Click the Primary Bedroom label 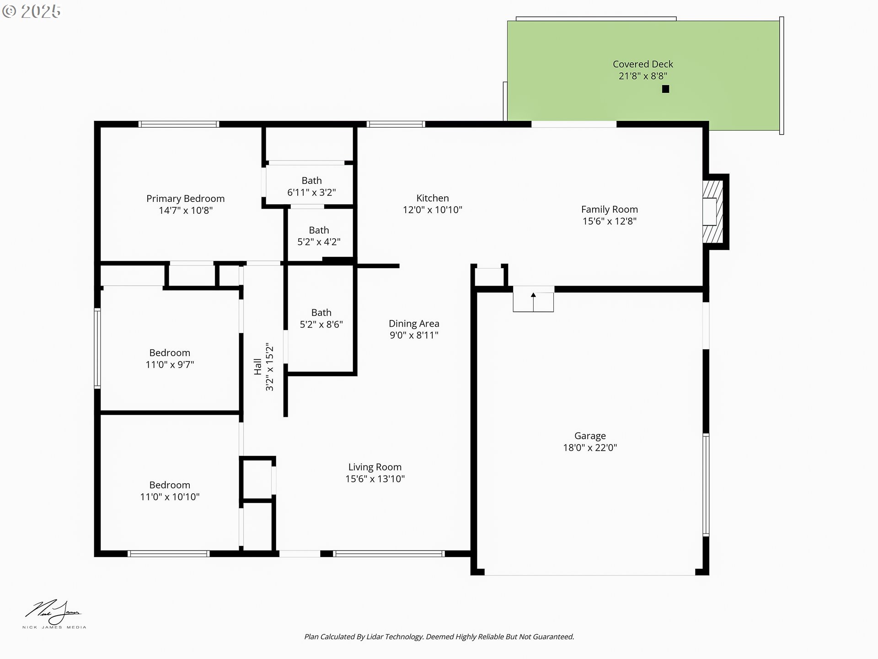pyautogui.click(x=185, y=199)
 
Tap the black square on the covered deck pyautogui.click(x=665, y=89)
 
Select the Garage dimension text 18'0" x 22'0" pyautogui.click(x=590, y=448)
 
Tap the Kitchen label pyautogui.click(x=433, y=198)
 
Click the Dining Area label pyautogui.click(x=414, y=324)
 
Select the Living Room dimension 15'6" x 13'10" pyautogui.click(x=375, y=479)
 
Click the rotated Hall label pyautogui.click(x=258, y=367)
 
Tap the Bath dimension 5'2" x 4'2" pyautogui.click(x=319, y=242)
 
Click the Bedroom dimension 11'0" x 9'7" pyautogui.click(x=170, y=365)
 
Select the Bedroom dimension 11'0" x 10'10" pyautogui.click(x=170, y=497)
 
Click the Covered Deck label pyautogui.click(x=643, y=64)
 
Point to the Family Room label pyautogui.click(x=610, y=209)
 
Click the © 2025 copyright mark pyautogui.click(x=31, y=11)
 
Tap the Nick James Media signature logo pyautogui.click(x=54, y=614)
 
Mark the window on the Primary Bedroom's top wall pyautogui.click(x=179, y=124)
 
